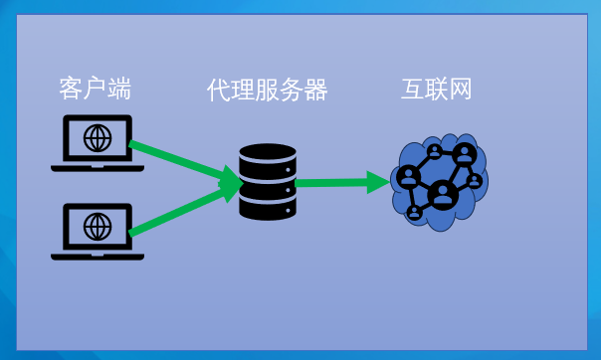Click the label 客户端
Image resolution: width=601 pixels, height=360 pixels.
point(96,90)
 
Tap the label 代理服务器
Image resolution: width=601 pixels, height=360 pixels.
point(267,90)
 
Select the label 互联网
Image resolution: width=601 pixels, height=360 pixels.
point(436,90)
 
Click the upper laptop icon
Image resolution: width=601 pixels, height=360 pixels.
point(98,142)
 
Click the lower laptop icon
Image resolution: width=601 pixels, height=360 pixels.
point(98,231)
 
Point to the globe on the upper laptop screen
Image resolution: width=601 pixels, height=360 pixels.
point(98,137)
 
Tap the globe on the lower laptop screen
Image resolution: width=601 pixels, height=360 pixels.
point(98,226)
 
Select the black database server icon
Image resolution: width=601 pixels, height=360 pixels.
point(268,182)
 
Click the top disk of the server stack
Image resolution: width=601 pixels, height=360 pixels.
point(268,155)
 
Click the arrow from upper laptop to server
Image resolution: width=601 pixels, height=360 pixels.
point(179,161)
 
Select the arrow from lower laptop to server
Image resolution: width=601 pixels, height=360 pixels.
point(179,210)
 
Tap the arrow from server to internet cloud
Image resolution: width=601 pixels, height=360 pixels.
point(338,183)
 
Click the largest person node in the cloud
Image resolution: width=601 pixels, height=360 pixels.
point(443,193)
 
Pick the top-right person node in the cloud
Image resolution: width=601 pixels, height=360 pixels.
point(464,154)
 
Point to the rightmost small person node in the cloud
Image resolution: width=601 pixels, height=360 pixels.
point(475,181)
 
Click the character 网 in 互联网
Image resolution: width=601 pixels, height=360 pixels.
point(459,90)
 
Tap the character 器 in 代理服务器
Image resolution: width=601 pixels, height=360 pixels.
point(315,90)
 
